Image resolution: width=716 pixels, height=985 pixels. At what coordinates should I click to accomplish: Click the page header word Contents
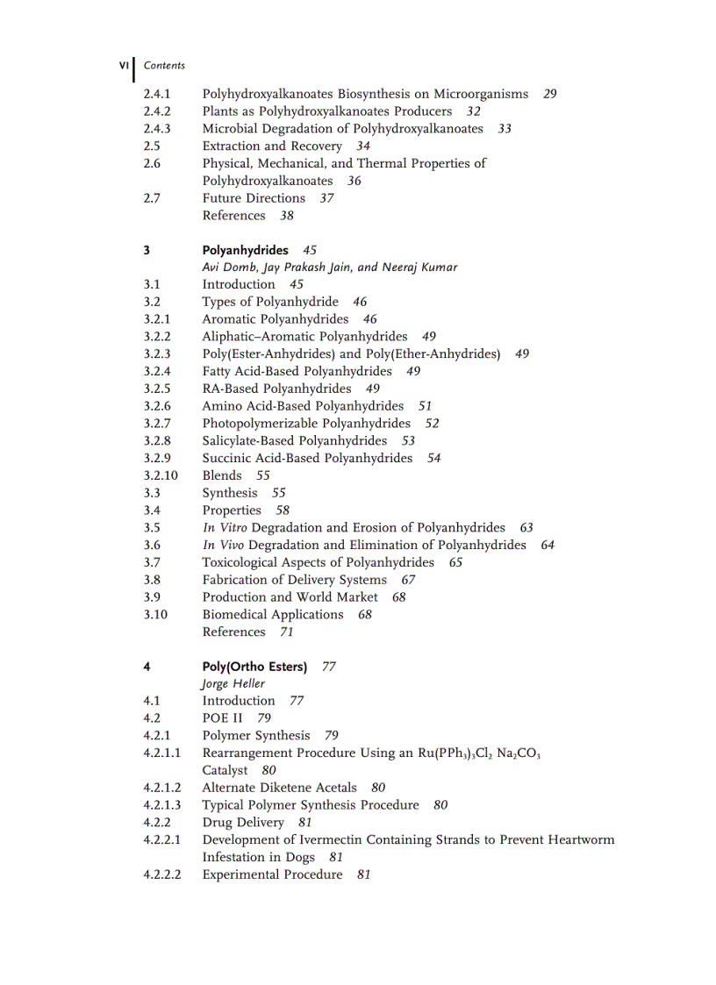[164, 66]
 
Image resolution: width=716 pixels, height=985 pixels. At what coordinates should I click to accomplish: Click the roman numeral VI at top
[124, 65]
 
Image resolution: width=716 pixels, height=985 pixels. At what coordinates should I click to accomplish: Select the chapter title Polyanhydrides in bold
[245, 250]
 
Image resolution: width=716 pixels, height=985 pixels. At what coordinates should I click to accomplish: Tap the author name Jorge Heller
[233, 683]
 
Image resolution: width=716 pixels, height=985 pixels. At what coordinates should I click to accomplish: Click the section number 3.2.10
[161, 475]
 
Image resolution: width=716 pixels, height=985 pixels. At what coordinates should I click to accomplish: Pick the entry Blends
[222, 475]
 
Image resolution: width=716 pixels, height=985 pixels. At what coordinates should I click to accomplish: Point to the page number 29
[550, 94]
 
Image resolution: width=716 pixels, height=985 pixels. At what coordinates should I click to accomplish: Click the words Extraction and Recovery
[272, 146]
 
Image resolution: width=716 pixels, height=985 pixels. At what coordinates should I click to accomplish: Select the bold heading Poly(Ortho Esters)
[254, 667]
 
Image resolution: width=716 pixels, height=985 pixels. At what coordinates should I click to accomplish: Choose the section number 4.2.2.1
[162, 839]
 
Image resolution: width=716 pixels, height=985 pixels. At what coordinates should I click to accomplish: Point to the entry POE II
[223, 718]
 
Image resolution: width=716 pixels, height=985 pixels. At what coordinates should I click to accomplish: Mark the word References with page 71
[233, 632]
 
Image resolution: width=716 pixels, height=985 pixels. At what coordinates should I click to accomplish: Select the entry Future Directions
[254, 198]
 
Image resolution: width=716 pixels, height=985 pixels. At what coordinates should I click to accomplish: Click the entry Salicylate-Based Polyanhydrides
[295, 440]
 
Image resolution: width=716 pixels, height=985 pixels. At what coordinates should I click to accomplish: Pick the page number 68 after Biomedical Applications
[365, 615]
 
